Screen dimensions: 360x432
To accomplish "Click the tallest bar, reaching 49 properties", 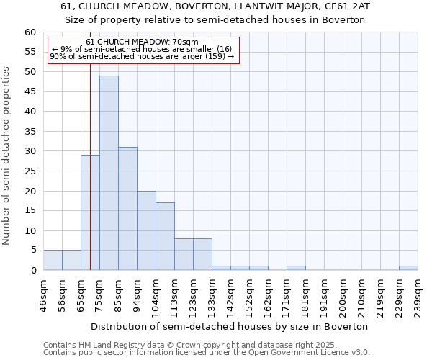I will tap(109, 173).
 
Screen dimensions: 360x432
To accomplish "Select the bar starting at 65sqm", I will tap(90, 212).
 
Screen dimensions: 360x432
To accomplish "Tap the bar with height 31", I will tap(127, 209).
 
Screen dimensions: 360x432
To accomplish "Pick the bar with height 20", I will tap(146, 230).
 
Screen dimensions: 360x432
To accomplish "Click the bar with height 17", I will tap(165, 236).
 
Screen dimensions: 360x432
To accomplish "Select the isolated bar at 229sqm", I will tap(408, 268).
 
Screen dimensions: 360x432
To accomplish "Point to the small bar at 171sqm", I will tap(296, 268).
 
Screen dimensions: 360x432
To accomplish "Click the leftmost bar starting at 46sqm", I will tap(53, 260).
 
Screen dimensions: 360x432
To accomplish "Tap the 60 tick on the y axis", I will tap(30, 32).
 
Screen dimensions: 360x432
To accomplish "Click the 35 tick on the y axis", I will tap(30, 132).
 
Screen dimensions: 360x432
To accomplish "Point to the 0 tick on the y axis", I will tap(33, 271).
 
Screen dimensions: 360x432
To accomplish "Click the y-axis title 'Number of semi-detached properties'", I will tap(7, 156).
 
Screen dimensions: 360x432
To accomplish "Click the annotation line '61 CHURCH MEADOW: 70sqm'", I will tap(142, 42).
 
